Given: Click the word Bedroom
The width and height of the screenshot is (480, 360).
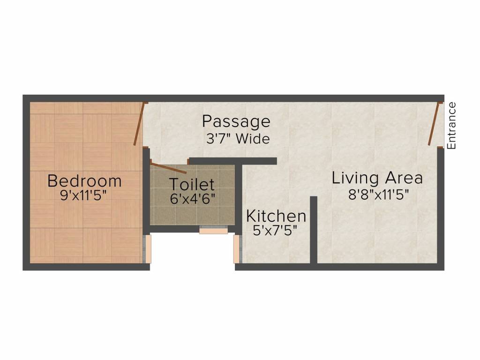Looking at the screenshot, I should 84,181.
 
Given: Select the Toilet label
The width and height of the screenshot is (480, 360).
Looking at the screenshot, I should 192,184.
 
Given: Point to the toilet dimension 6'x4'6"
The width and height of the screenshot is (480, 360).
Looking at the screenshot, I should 192,198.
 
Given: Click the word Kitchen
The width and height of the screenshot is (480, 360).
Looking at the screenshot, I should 276,217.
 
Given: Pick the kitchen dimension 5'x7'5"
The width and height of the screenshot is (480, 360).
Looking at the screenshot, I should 276,231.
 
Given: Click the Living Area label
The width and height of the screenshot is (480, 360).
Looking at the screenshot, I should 377,179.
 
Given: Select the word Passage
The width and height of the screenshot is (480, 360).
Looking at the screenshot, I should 236,122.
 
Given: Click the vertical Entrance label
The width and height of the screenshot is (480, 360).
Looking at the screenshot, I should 451,126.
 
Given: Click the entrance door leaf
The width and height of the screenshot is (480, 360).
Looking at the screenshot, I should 434,124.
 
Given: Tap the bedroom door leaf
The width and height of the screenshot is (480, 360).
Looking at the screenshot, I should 139,124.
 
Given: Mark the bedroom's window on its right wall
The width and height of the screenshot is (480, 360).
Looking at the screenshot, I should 147,248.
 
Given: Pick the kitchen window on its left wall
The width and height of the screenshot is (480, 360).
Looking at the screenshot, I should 237,248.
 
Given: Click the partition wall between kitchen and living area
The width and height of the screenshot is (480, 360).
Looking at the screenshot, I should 314,230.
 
